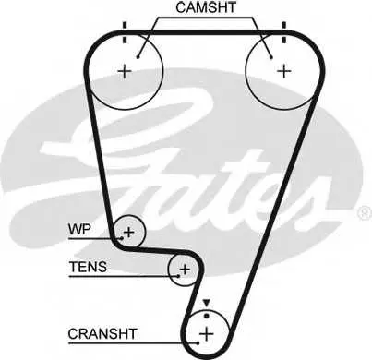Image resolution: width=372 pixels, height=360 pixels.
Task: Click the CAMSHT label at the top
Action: tap(206, 7)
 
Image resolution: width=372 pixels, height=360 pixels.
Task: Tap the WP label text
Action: tap(79, 229)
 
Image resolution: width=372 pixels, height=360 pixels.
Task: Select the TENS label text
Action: tap(89, 267)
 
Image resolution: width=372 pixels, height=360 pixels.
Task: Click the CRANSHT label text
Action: tap(102, 334)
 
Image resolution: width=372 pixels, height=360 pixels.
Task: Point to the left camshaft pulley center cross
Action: tap(125, 71)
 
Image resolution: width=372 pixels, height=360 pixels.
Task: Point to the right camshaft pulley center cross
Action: tap(284, 71)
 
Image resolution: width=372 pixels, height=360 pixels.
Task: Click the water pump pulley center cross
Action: tap(129, 232)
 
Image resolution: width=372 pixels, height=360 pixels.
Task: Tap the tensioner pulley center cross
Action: tap(185, 270)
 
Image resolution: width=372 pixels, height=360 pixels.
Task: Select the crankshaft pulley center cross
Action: tap(207, 334)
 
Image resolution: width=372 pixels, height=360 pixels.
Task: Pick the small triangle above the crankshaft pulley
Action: tap(207, 303)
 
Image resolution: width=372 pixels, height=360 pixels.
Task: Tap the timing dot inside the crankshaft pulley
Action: tap(207, 316)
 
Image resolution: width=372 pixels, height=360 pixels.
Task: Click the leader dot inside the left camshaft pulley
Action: tap(138, 57)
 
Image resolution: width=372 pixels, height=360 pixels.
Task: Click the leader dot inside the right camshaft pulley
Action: tap(271, 57)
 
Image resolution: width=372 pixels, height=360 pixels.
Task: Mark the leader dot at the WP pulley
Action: tap(122, 238)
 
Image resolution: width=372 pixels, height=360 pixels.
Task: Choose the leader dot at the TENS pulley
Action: tap(178, 276)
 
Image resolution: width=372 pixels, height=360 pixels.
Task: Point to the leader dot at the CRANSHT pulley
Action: tap(198, 342)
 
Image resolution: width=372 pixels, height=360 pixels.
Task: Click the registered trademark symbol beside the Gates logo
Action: tap(366, 213)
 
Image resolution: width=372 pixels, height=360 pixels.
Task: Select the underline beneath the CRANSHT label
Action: tap(133, 342)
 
